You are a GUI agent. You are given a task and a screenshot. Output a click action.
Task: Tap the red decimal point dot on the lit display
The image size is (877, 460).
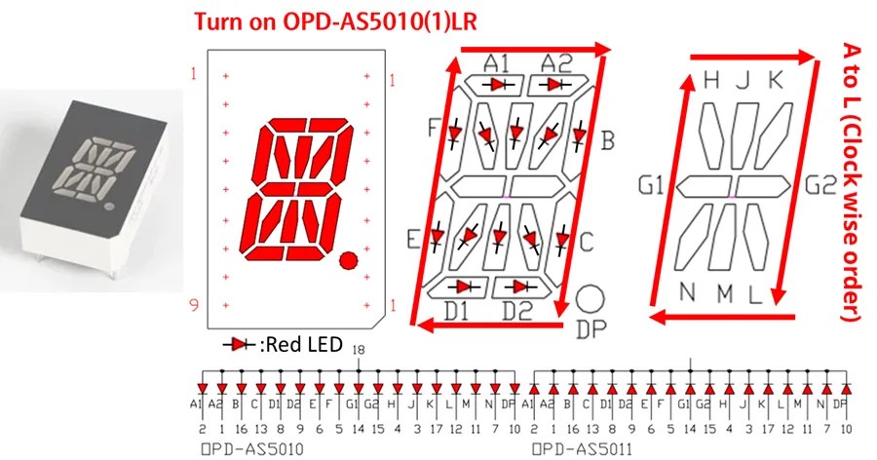(348, 259)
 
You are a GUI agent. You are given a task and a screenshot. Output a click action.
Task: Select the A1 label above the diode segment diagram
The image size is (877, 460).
(497, 63)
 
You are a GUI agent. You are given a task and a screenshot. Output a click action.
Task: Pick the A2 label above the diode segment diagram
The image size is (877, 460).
(556, 63)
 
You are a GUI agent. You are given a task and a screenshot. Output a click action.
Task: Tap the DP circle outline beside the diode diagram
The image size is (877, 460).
(591, 299)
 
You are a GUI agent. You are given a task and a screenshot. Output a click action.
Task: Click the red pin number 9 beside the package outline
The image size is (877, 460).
(194, 306)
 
